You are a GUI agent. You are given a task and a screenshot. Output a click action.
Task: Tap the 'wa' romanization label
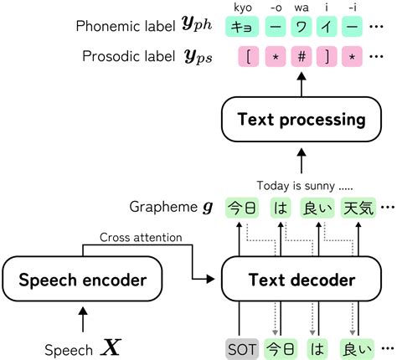coord(299,8)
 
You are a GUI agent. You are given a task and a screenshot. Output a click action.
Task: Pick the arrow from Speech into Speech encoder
coord(82,319)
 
